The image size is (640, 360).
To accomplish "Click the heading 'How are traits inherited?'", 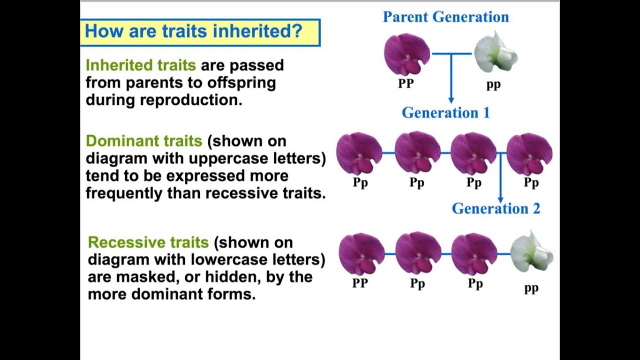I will tap(193, 31).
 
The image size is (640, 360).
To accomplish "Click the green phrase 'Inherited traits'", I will tap(140, 65).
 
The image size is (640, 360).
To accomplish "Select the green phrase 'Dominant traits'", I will tap(143, 141).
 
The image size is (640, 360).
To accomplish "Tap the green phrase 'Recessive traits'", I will tap(148, 242).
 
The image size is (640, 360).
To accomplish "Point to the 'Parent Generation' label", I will tap(445, 17).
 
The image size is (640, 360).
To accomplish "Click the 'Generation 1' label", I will tap(445, 113).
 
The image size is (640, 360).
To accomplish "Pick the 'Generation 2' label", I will tap(495, 209).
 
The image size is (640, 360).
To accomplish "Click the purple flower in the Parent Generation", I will tap(406, 54).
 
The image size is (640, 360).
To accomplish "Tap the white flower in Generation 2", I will tap(531, 252).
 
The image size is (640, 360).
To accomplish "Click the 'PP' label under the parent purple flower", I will tap(405, 84).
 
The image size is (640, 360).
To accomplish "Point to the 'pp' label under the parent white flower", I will tap(493, 84).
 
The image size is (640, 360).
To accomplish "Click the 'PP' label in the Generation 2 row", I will tap(360, 283).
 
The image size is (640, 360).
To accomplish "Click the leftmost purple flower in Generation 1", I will tap(359, 153).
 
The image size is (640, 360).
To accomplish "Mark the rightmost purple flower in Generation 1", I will tap(529, 153).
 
